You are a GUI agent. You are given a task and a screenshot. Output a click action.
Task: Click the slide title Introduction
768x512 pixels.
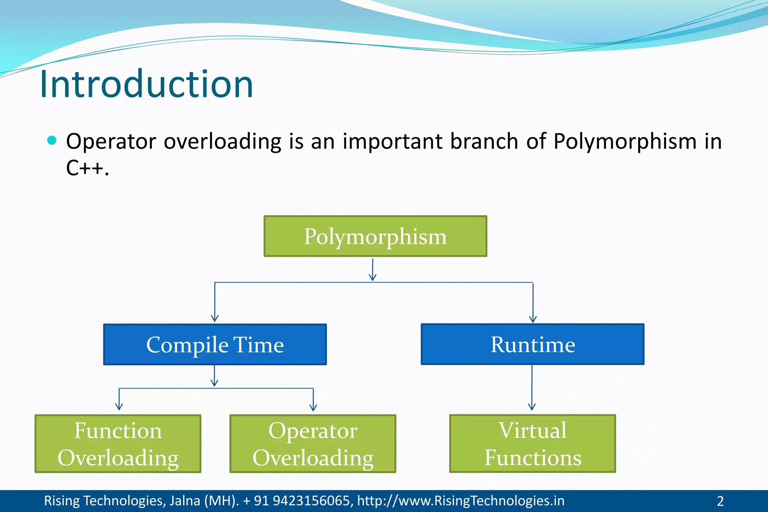(x=146, y=84)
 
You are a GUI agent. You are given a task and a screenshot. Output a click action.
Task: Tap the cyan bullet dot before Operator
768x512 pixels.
(x=52, y=141)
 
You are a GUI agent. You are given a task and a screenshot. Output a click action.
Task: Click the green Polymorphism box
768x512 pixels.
(x=375, y=236)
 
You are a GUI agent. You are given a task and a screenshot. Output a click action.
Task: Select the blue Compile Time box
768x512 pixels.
(x=215, y=344)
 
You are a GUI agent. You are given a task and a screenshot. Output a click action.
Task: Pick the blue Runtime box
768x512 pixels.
(x=532, y=344)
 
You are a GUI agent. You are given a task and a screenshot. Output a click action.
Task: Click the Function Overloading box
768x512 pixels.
(x=118, y=443)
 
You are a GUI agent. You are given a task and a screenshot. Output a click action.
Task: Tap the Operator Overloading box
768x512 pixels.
(x=313, y=443)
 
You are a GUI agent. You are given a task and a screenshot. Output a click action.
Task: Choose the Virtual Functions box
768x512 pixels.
(x=532, y=443)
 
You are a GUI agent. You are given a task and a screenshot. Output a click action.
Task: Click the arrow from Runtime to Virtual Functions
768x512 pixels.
(x=532, y=388)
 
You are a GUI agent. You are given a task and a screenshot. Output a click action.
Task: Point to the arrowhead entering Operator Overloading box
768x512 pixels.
(x=313, y=407)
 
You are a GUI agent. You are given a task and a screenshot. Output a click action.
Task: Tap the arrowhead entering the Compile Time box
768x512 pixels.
(x=214, y=318)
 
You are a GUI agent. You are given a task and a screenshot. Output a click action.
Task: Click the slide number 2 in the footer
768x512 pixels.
(x=720, y=501)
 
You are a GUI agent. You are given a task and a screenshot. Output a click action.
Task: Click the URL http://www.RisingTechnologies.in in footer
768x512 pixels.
(x=460, y=501)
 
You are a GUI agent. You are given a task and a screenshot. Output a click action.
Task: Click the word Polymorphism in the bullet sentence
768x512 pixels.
(x=625, y=141)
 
